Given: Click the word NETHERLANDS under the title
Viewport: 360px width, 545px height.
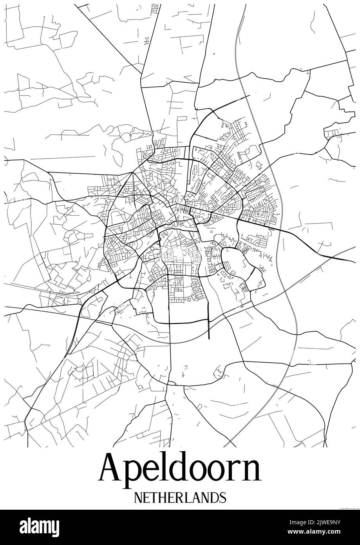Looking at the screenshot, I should pos(180,497).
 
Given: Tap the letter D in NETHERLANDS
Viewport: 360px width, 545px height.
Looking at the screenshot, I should pos(214,497).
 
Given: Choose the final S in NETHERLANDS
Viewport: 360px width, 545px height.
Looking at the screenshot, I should pos(223,497).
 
